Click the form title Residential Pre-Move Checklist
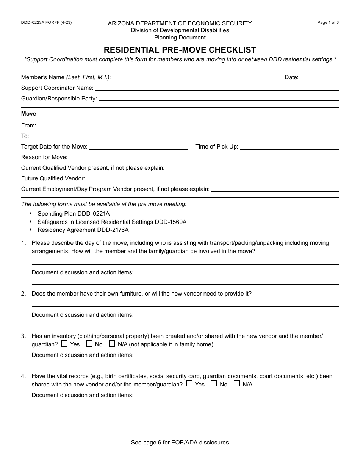pyautogui.click(x=180, y=50)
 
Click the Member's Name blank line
pyautogui.click(x=196, y=78)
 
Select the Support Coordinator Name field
pyautogui.click(x=216, y=88)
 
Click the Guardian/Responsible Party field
pyautogui.click(x=218, y=99)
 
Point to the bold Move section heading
pyautogui.click(x=29, y=114)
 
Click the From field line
pyautogui.click(x=188, y=126)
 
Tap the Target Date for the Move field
pyautogui.click(x=139, y=147)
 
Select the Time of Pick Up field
pyautogui.click(x=289, y=147)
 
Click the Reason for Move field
pyautogui.click(x=203, y=158)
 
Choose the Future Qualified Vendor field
pyautogui.click(x=213, y=179)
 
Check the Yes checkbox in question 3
pyautogui.click(x=64, y=344)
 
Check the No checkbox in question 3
pyautogui.click(x=89, y=344)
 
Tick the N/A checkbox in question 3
pyautogui.click(x=112, y=344)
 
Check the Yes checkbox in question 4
pyautogui.click(x=189, y=383)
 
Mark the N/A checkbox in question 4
pyautogui.click(x=237, y=383)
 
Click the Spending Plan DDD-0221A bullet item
pyautogui.click(x=74, y=214)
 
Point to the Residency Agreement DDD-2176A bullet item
pyautogui.click(x=83, y=230)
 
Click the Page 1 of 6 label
pyautogui.click(x=328, y=23)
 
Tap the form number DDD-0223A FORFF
pyautogui.click(x=46, y=23)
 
